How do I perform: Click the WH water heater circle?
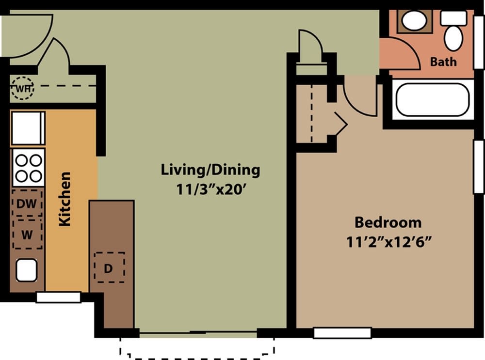[x=22, y=89]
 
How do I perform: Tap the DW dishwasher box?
[x=27, y=204]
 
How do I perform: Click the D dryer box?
[x=109, y=267]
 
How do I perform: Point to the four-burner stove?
[x=29, y=167]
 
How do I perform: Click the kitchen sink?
[x=27, y=270]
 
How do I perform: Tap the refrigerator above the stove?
[x=28, y=128]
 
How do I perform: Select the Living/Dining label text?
[x=210, y=170]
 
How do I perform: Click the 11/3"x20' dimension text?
[x=210, y=189]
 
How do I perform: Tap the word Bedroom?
[x=388, y=223]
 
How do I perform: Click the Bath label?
[x=443, y=62]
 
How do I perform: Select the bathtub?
[x=432, y=100]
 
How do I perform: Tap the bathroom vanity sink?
[x=414, y=21]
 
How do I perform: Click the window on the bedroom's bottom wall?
[x=342, y=333]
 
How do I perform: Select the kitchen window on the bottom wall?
[x=58, y=297]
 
